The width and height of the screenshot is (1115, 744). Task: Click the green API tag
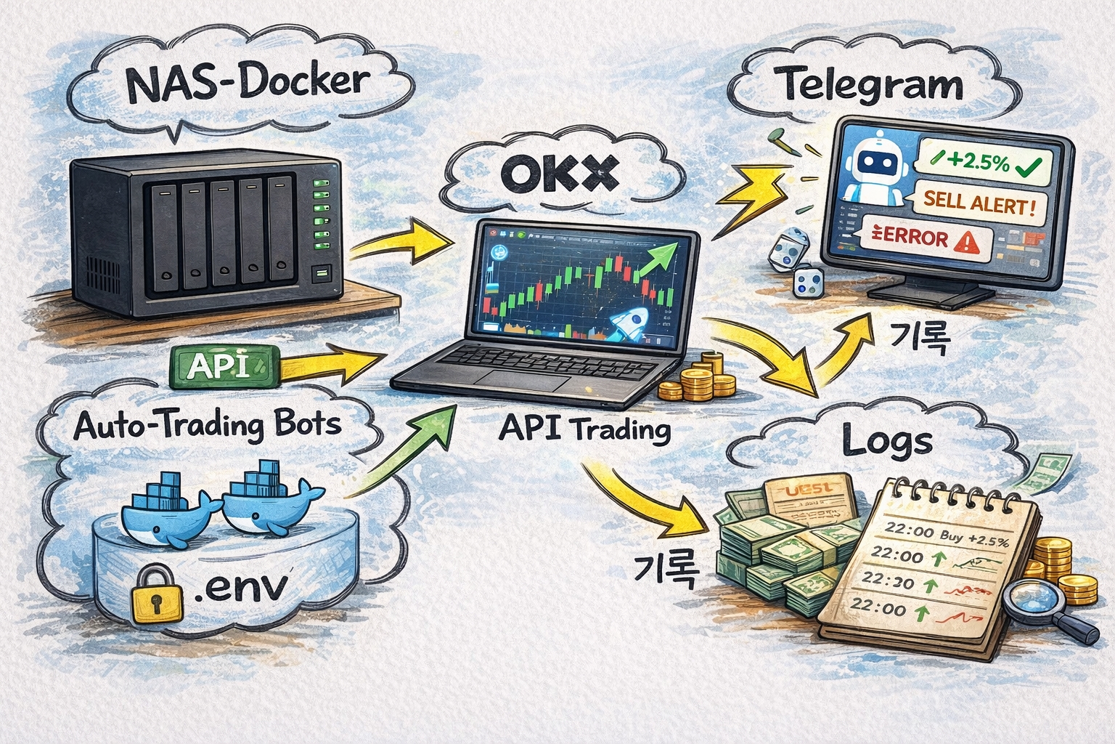(x=223, y=365)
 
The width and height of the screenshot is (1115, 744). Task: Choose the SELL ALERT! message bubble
(x=978, y=203)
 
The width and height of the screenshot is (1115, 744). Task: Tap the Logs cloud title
(x=887, y=442)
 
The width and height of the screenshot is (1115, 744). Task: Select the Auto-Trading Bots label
(x=208, y=424)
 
